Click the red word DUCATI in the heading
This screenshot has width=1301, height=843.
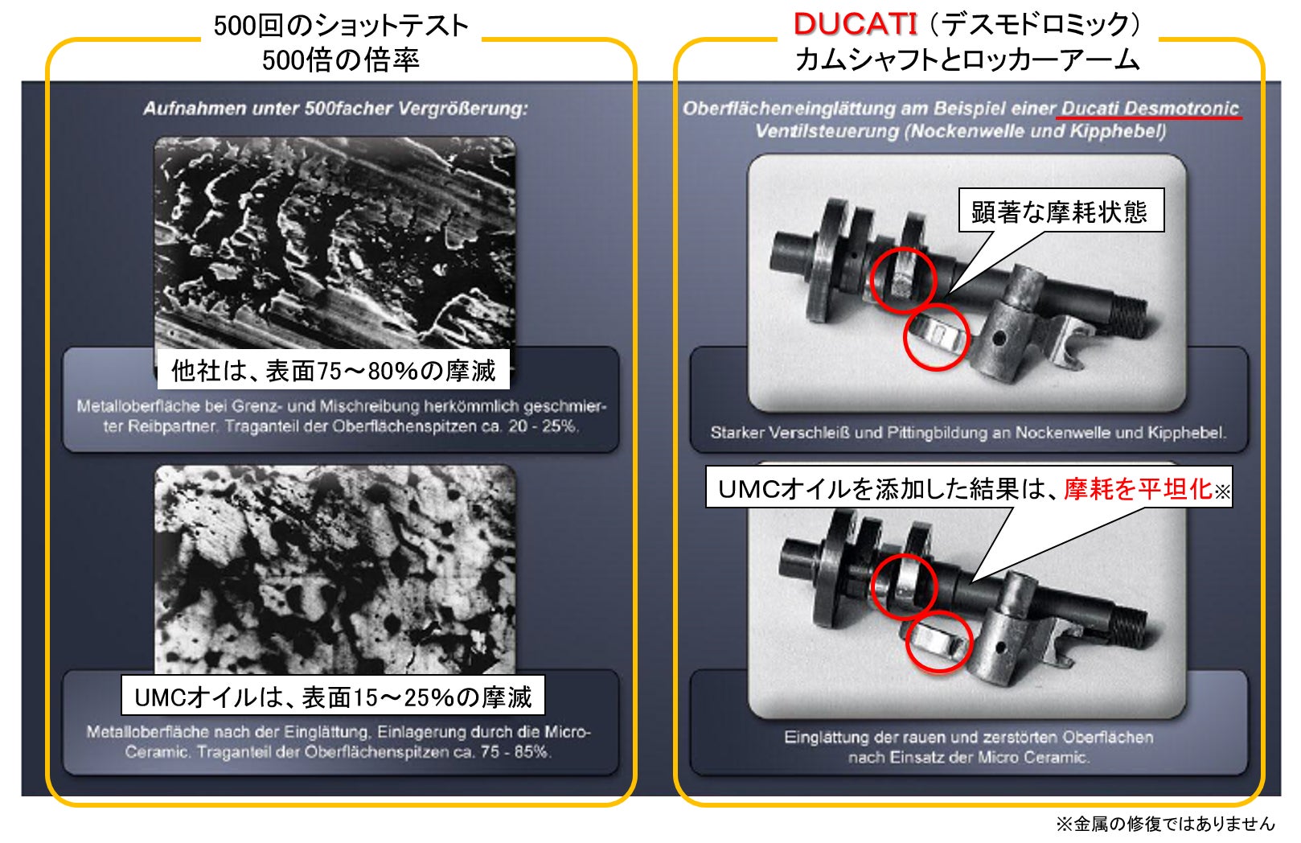pos(855,24)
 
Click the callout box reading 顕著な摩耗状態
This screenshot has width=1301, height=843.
pos(1060,212)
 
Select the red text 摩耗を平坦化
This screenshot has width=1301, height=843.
pos(1137,488)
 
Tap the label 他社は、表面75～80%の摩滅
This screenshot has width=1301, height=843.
pos(334,370)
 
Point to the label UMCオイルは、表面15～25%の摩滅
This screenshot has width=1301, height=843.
pos(333,697)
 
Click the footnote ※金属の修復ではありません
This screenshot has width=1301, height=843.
pos(1165,824)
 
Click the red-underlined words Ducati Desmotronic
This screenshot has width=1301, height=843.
pos(1150,109)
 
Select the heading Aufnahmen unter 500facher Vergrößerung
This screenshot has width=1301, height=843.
pos(335,109)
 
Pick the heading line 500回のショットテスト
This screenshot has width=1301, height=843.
pos(341,26)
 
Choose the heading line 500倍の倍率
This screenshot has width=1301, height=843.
pos(341,60)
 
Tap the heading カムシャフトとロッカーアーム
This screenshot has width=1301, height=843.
pos(967,60)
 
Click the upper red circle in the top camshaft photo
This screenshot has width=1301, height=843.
pos(904,279)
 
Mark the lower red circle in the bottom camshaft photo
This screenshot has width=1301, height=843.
pos(939,641)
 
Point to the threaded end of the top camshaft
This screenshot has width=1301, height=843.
pos(1129,310)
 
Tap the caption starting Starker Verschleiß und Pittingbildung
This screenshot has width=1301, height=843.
pos(967,433)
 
